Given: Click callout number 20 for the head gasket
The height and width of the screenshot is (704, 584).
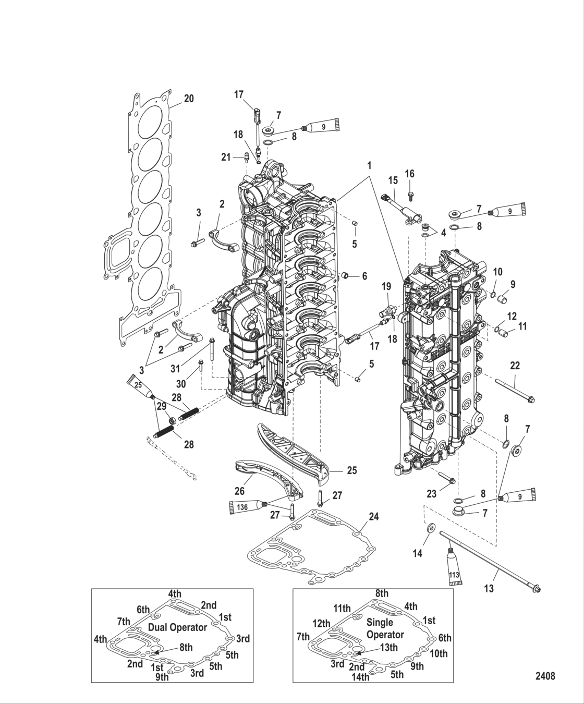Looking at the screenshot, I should coord(188,98).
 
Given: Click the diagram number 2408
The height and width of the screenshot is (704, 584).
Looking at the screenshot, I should coord(545,676).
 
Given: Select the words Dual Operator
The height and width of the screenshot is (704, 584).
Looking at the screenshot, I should coord(178,627).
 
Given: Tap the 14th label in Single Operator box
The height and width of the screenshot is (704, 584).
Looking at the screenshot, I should coord(360,677).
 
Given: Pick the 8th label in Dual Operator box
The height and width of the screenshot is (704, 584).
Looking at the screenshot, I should coord(186,647).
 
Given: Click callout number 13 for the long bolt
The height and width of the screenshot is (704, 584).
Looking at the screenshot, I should coord(489,589).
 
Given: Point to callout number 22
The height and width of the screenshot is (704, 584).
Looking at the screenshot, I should coord(515,366).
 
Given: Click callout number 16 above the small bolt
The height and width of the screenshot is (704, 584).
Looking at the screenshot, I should coord(409,173).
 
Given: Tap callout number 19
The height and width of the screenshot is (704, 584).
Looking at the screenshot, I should coord(386,286).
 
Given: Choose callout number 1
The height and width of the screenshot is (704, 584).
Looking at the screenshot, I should coord(369,165).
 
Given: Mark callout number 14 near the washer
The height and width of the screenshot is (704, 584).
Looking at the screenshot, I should coord(417,554).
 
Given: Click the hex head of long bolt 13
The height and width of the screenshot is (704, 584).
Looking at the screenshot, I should coord(537,590).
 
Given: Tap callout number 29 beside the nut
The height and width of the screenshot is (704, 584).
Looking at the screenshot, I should coord(162,406).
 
